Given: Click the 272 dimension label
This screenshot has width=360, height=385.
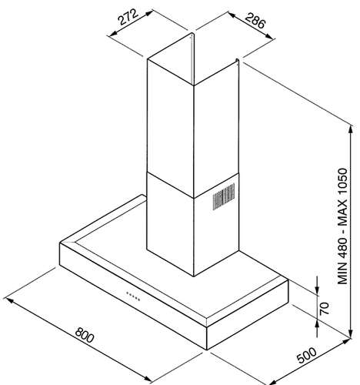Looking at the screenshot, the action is point(128,17).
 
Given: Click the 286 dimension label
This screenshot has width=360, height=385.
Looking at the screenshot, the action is point(255,20).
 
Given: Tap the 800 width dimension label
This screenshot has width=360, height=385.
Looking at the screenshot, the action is point(85,335).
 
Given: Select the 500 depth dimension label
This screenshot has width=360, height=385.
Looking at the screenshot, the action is point(307,355).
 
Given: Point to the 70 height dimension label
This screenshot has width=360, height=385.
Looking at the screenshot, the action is point(324,309).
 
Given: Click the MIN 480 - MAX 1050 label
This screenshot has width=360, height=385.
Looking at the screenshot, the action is point(342,226).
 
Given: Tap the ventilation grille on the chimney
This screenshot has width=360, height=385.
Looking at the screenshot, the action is point(224,196).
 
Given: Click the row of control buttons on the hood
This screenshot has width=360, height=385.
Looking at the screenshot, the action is point(133,296).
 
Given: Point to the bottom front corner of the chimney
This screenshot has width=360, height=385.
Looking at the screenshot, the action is point(194,276).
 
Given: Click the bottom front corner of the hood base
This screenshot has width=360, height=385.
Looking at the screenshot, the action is point(207,350).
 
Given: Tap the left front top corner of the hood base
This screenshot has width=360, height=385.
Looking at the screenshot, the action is point(60,243).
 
